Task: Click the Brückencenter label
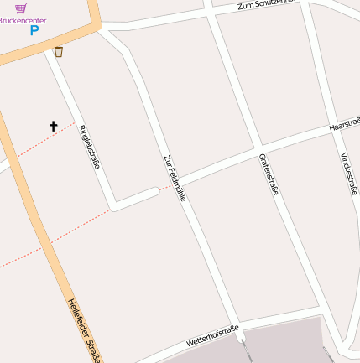pos(23,19)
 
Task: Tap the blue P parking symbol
pos(34,31)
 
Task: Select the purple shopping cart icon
pos(20,8)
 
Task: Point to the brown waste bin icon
pos(58,52)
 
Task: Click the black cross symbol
pos(54,127)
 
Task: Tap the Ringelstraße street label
pos(89,146)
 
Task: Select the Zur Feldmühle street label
pos(175,177)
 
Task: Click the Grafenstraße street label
pos(269,174)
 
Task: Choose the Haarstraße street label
pos(345,124)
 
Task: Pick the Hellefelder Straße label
pos(85,331)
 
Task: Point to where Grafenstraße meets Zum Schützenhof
pos(209,12)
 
